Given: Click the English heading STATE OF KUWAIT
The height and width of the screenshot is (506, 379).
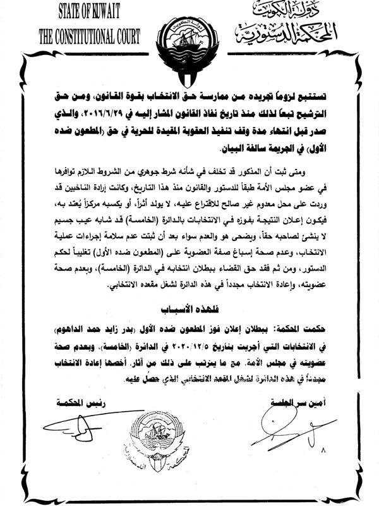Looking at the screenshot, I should pos(90,11).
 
